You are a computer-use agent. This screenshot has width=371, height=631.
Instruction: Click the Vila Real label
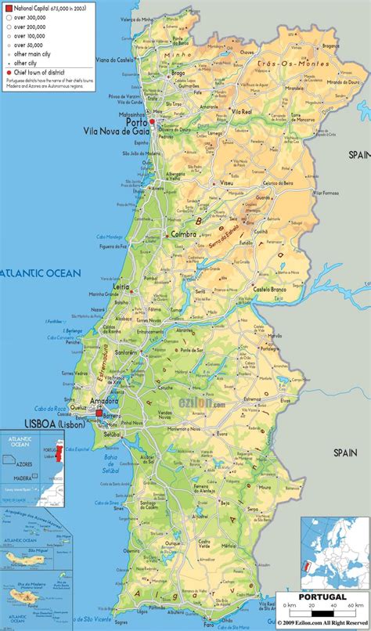click(224, 112)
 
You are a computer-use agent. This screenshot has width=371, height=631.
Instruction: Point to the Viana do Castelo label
click(114, 59)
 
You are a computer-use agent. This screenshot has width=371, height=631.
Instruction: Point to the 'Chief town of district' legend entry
click(31, 71)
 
